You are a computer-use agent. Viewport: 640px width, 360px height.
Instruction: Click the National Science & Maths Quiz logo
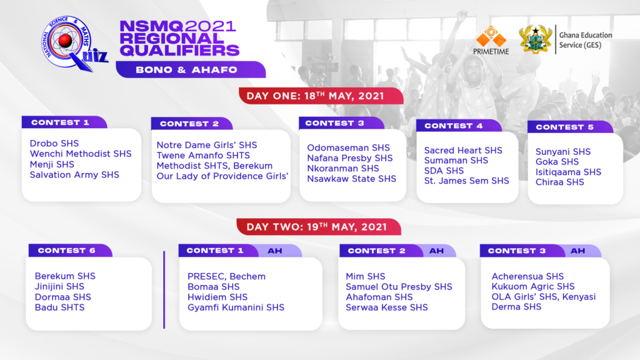tap(74, 44)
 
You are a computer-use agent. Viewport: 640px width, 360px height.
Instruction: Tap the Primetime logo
tap(491, 40)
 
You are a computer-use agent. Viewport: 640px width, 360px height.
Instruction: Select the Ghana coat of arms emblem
tap(535, 39)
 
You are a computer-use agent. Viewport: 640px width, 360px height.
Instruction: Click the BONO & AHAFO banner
tap(191, 69)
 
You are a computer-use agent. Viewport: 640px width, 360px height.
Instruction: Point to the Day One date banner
tap(321, 96)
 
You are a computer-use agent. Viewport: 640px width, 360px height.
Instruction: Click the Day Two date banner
tap(319, 226)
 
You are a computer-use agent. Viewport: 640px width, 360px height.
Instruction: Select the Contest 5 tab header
tap(570, 127)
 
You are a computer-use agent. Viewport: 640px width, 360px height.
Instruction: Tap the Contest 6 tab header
tap(70, 250)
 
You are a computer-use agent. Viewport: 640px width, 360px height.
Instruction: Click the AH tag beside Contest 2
tap(436, 251)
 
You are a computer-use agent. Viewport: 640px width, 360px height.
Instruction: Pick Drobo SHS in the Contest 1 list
tap(54, 143)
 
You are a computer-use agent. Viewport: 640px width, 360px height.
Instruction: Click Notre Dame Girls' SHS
tap(206, 145)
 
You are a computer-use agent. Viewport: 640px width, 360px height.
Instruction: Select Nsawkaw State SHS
tap(351, 178)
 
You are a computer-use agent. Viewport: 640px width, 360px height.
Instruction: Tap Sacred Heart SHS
tap(463, 150)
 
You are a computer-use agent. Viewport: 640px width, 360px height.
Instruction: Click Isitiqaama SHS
tap(568, 172)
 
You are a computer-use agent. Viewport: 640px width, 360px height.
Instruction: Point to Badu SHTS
tap(59, 307)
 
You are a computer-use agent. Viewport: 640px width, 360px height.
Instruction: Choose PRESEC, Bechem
tap(226, 276)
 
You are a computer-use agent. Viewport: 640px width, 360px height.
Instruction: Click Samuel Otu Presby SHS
tap(399, 286)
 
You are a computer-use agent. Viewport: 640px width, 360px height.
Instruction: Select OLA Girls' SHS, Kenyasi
tap(543, 297)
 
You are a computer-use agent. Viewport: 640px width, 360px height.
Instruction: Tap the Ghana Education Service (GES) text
tap(585, 40)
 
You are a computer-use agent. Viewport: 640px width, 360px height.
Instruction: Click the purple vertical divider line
tap(164, 290)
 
